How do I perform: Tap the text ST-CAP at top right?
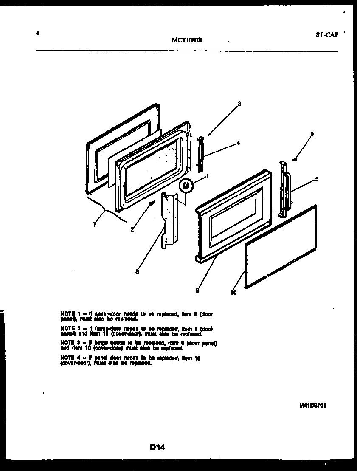coord(327,35)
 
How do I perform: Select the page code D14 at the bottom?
coord(157,447)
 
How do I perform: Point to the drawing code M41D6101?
coord(312,405)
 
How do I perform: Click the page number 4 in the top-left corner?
coord(38,34)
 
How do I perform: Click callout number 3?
coord(239,103)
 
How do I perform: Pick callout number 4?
coord(238,143)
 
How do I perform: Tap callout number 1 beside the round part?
coord(208,175)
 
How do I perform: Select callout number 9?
coord(312,134)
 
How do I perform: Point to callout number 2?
coord(132,230)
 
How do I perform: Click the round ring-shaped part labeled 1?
coord(185,185)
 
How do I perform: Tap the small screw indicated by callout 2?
coord(151,204)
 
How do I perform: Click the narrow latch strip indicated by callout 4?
coord(201,154)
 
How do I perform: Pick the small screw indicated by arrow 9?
coord(293,160)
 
